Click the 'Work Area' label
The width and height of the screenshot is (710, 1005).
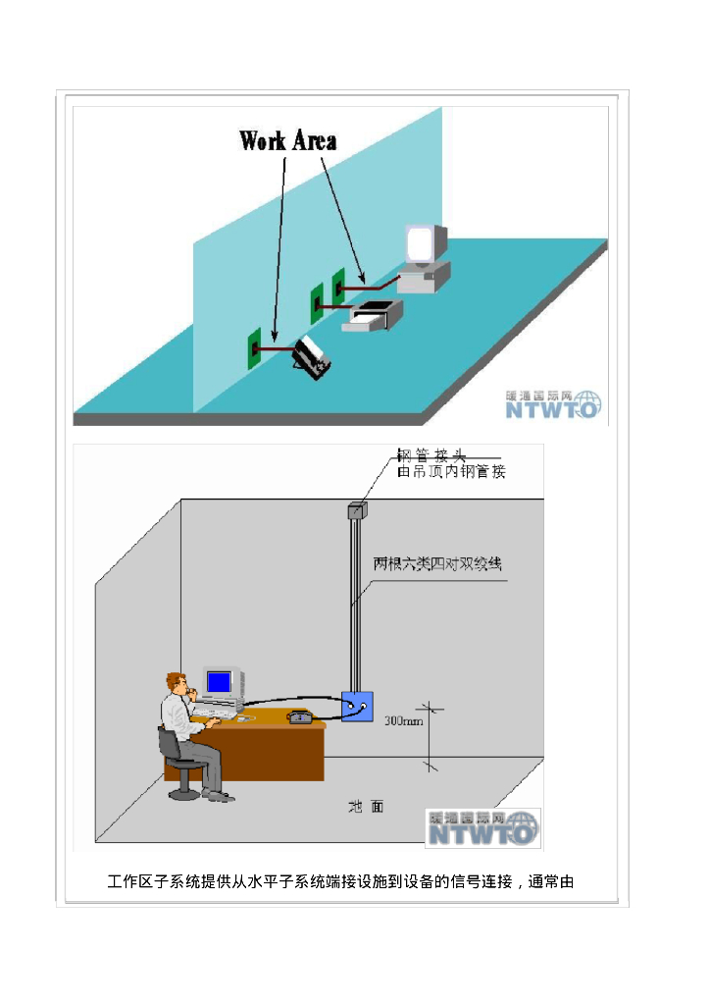point(288,140)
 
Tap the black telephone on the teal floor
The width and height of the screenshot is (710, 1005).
point(314,357)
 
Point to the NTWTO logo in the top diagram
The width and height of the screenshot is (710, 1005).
point(553,403)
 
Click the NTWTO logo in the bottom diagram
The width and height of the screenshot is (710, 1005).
point(482,828)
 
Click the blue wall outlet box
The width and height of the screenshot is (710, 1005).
point(356,707)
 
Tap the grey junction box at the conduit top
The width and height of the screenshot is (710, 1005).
point(355,510)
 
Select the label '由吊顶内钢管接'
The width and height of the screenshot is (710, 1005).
point(451,472)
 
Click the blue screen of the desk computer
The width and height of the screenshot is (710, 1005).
point(220,680)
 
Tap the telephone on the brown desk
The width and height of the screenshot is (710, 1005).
point(300,716)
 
